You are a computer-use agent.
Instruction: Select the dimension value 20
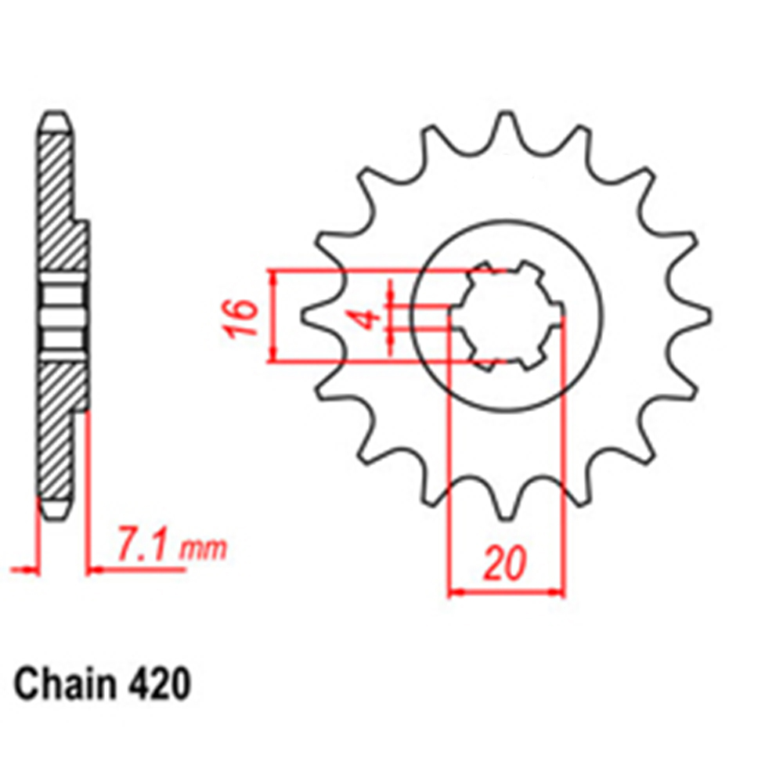[x=505, y=563]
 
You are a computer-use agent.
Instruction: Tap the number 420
[x=160, y=684]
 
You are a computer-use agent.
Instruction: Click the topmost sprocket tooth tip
[x=505, y=114]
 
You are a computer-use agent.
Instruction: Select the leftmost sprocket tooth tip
[x=302, y=316]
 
